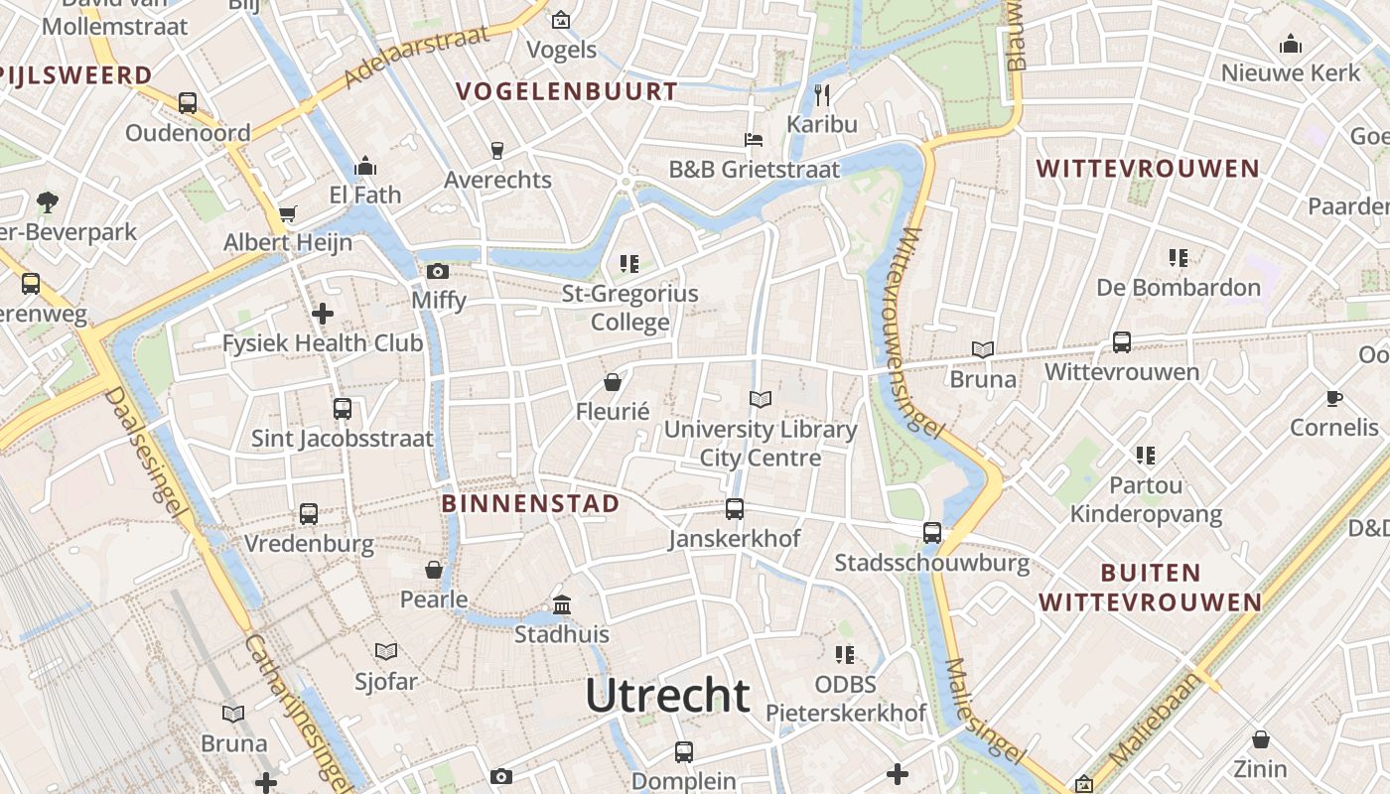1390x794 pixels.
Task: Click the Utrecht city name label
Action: [x=666, y=696]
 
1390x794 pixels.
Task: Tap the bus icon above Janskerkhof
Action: [x=735, y=509]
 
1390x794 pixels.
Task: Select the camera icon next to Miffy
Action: [x=438, y=271]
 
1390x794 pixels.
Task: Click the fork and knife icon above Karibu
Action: [x=821, y=95]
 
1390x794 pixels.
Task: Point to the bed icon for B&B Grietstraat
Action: [x=754, y=140]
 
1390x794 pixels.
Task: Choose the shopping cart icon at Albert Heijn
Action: [x=288, y=213]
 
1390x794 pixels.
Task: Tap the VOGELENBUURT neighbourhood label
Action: [x=567, y=92]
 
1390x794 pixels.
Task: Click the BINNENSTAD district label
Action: [x=530, y=503]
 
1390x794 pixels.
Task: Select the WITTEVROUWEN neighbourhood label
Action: [x=1148, y=169]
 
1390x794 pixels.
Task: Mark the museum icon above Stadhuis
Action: [x=562, y=604]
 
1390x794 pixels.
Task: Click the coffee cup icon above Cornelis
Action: [x=1334, y=398]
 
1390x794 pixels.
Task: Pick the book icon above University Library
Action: [x=761, y=400]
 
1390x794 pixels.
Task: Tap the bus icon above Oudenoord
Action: [x=188, y=102]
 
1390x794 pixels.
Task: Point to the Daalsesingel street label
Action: [x=146, y=453]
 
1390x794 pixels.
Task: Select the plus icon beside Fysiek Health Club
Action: [x=323, y=315]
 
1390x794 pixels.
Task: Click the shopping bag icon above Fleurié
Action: [x=613, y=382]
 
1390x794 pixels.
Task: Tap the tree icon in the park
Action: [x=47, y=202]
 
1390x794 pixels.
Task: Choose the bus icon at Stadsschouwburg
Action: [x=932, y=533]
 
